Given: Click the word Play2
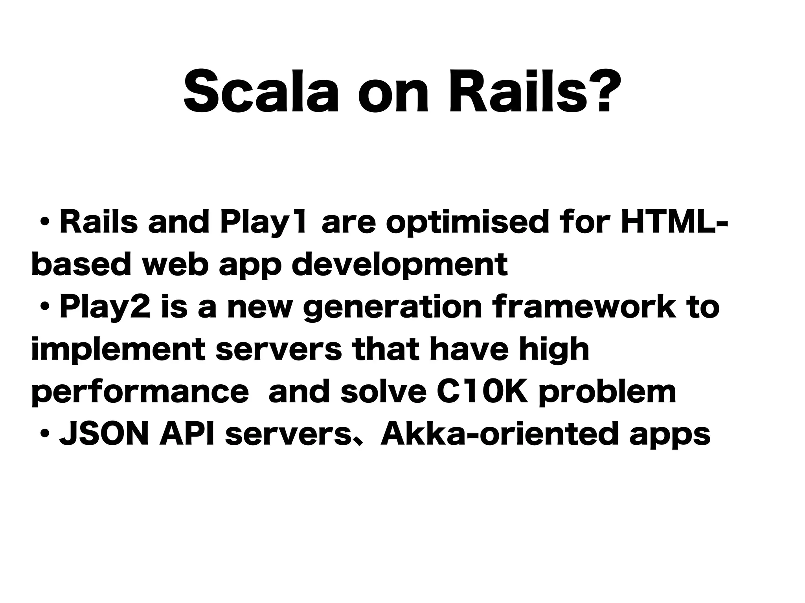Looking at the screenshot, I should click(x=105, y=309).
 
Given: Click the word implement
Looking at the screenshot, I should click(x=118, y=350).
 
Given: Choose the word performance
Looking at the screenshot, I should click(x=140, y=393).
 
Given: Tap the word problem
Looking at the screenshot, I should click(x=607, y=393).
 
